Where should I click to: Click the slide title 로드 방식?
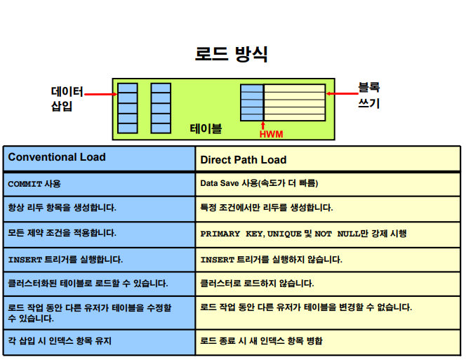click(x=231, y=54)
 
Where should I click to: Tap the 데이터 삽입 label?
click(x=67, y=99)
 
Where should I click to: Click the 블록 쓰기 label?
click(x=368, y=95)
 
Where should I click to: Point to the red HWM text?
click(x=271, y=133)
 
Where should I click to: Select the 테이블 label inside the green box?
click(x=206, y=128)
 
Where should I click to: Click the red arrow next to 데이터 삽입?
click(x=101, y=93)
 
